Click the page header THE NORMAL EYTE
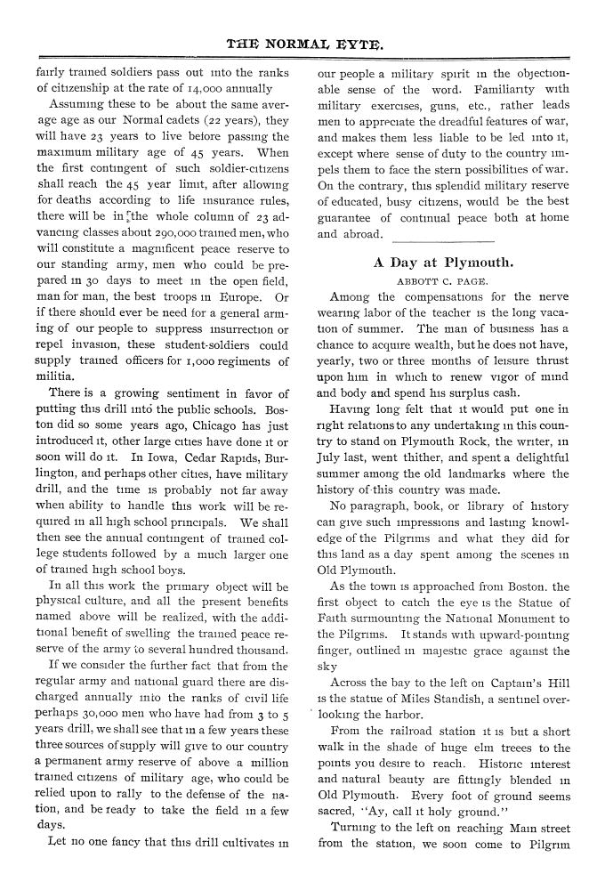(x=302, y=41)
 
